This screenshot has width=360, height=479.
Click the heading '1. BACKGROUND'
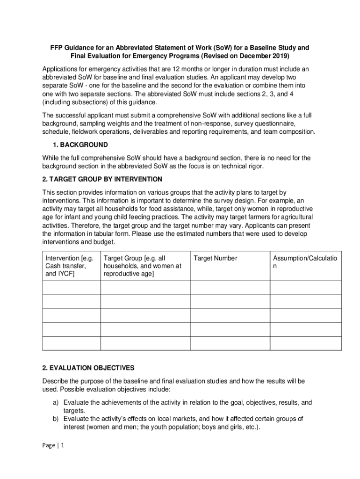pos(81,145)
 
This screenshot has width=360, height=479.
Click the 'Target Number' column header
pos(216,258)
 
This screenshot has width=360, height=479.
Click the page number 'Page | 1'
pos(53,445)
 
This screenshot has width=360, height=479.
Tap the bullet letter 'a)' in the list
pos(56,402)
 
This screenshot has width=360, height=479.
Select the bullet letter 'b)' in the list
pos(56,419)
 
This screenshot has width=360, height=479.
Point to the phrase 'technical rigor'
pos(235,166)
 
